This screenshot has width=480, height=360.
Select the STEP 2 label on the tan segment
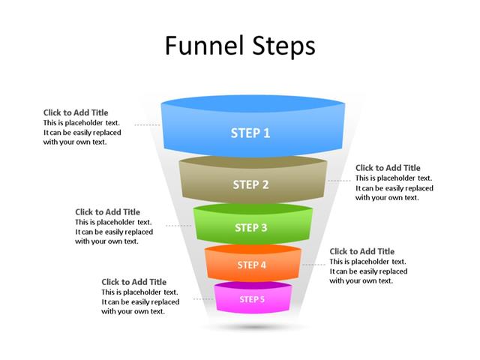click(x=250, y=184)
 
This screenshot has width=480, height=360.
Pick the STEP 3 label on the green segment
click(x=250, y=228)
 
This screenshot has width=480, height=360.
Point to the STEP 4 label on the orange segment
click(x=251, y=265)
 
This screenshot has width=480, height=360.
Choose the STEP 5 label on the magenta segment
click(x=252, y=299)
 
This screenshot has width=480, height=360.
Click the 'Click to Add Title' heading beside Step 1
click(x=76, y=112)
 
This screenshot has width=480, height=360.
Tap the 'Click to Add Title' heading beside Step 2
click(x=388, y=168)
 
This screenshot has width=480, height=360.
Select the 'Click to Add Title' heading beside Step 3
click(x=107, y=212)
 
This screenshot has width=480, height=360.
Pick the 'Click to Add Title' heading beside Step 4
click(x=361, y=251)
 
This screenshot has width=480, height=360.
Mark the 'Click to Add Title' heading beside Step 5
click(x=134, y=282)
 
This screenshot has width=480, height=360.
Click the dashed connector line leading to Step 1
click(x=147, y=124)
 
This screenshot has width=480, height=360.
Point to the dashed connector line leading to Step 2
click(x=340, y=180)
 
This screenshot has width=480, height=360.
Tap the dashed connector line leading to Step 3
click(x=178, y=225)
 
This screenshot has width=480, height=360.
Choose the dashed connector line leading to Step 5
click(x=203, y=298)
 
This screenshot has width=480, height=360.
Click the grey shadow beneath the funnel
click(x=253, y=328)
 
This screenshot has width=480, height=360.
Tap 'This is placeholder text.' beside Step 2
click(x=394, y=178)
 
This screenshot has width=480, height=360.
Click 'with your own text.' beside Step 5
click(x=133, y=311)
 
